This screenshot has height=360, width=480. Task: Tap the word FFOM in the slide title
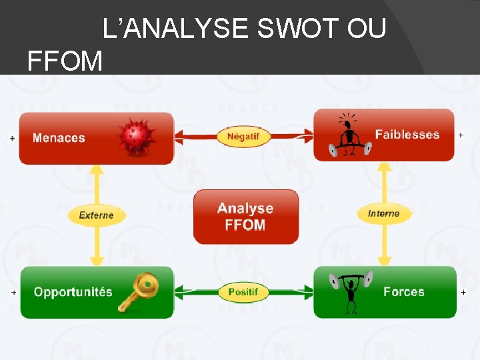tap(65, 61)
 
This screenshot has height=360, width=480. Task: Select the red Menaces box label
tap(59, 138)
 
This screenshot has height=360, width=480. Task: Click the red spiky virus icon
tap(136, 137)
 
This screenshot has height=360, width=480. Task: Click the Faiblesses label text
tap(407, 135)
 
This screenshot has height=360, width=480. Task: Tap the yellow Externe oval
tap(96, 215)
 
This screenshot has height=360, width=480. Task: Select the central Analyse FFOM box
tap(245, 217)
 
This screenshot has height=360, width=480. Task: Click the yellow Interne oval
tap(383, 213)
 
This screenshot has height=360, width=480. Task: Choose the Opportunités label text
tap(73, 292)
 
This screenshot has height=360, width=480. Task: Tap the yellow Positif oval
tap(243, 292)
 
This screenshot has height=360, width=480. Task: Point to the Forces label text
tap(403, 291)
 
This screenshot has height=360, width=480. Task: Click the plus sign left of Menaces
tap(13, 138)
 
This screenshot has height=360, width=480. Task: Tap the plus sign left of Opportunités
tap(13, 293)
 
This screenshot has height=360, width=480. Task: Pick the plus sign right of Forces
tap(463, 292)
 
